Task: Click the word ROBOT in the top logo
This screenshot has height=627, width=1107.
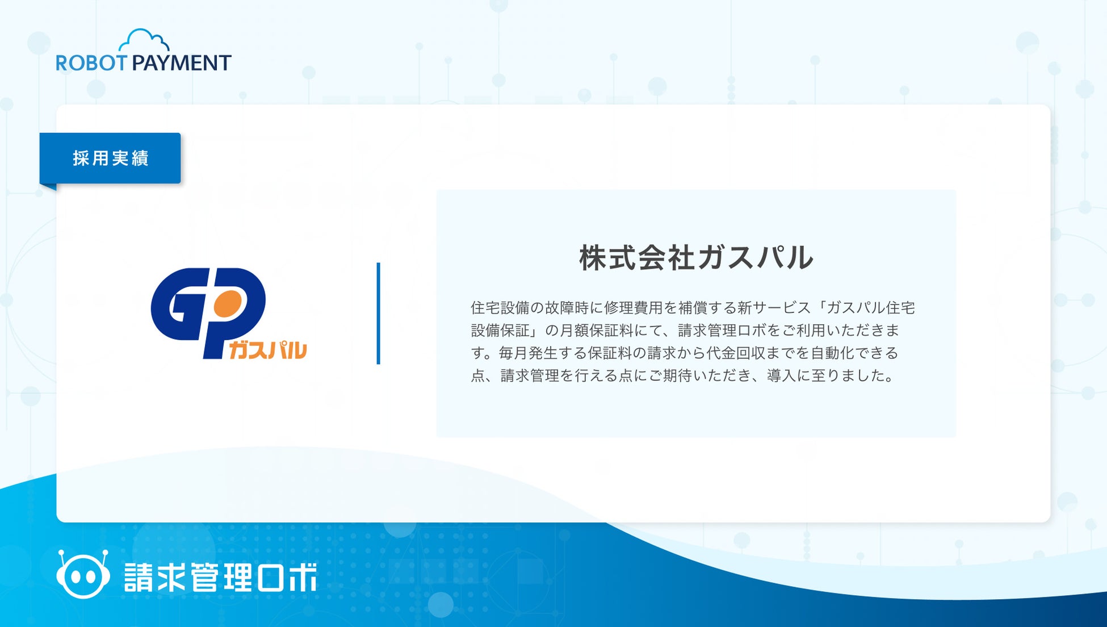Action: [x=91, y=62]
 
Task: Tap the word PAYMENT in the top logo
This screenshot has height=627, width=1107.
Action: [x=182, y=62]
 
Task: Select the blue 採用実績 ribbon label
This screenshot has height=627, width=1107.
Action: [x=110, y=158]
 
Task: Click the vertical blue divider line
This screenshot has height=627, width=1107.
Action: [x=378, y=313]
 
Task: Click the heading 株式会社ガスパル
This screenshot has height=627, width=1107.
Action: [x=696, y=257]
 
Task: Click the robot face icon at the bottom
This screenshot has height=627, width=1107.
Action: [x=83, y=574]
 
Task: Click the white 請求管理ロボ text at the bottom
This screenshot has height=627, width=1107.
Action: [x=220, y=577]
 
